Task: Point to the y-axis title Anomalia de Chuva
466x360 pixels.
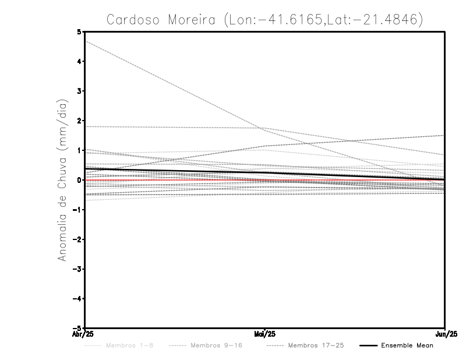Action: click(x=62, y=180)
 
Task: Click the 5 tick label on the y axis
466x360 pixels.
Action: click(x=79, y=31)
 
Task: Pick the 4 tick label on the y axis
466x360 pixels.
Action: click(x=79, y=61)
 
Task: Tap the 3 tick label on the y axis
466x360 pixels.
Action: click(x=79, y=91)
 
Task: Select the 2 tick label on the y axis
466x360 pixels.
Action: click(x=79, y=121)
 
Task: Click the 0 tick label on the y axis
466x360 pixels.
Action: click(x=79, y=180)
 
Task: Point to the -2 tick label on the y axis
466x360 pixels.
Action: click(x=77, y=239)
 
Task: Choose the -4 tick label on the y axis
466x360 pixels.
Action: click(x=77, y=299)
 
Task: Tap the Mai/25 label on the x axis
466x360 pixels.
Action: click(x=265, y=334)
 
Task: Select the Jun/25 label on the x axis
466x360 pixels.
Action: click(x=446, y=334)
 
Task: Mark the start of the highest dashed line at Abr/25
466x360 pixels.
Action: click(x=85, y=41)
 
